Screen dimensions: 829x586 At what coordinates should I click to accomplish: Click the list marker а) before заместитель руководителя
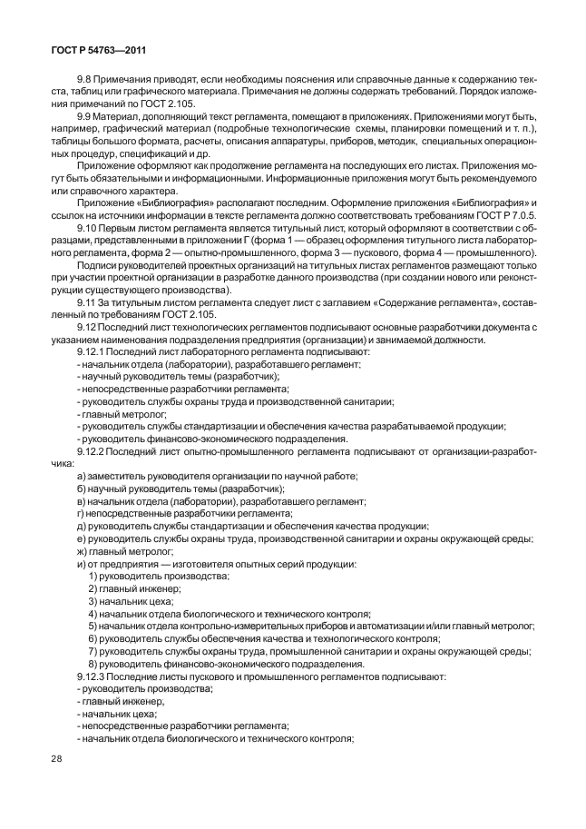pos(82,476)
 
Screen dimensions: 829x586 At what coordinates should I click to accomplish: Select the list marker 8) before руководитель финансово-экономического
pos(93,664)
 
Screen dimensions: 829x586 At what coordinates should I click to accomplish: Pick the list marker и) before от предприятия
pos(82,564)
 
